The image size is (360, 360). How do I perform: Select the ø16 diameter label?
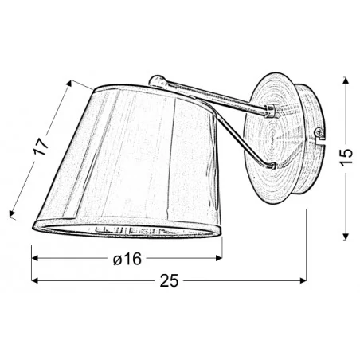point(127,260)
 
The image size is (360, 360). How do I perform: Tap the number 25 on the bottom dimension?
point(169,281)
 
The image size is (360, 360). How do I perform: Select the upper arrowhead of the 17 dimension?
point(73,82)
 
